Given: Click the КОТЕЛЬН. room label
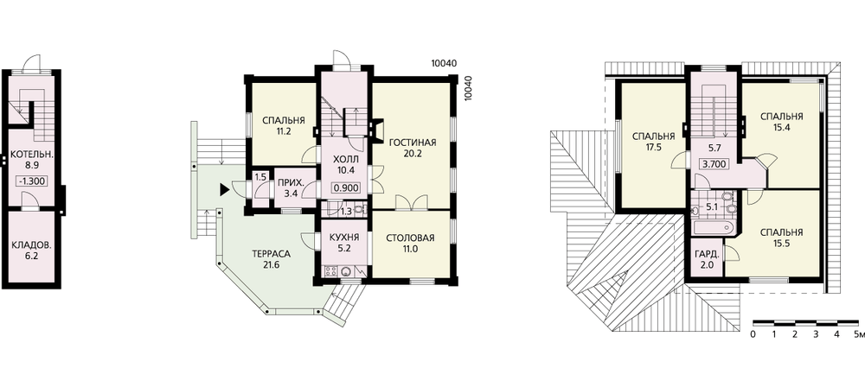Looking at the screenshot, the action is point(32,155).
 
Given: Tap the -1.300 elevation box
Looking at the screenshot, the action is point(32,181).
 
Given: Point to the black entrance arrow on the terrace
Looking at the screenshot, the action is point(224,190).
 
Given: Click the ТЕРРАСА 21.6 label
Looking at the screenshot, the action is point(271,259).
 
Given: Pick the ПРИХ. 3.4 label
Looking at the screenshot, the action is point(289,187).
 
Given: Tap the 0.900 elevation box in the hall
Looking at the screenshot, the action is point(346,187).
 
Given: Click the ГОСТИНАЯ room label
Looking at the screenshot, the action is point(412,143).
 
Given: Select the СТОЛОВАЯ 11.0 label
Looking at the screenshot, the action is point(410,243).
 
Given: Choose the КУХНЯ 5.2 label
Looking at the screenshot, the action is point(344,243).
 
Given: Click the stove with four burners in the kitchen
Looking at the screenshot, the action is point(332,270).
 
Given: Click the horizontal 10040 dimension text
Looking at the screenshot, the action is point(444,63).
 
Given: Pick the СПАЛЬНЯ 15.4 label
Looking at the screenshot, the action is point(781,122).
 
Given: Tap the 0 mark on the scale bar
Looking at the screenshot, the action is point(753,334).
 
